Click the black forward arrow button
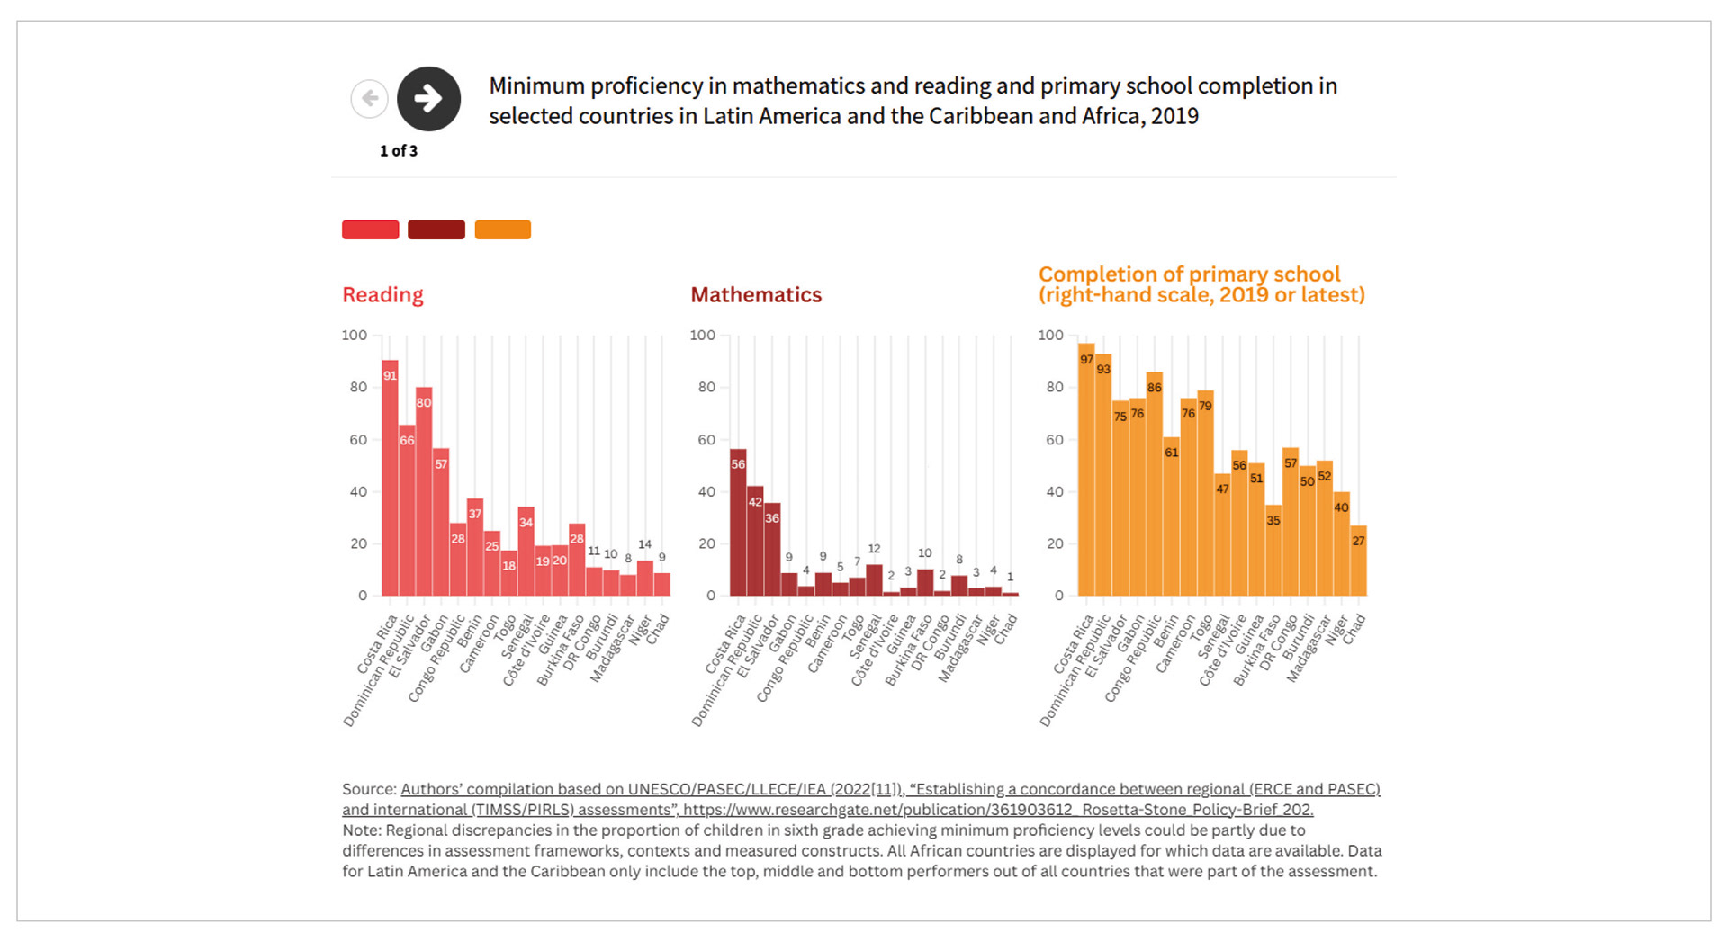[428, 98]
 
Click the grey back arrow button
[369, 98]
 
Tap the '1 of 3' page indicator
[398, 151]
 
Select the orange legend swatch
[502, 229]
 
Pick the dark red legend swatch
[436, 229]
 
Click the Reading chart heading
[382, 295]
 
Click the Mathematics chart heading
[755, 295]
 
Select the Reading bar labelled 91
[390, 477]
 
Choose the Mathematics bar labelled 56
[738, 522]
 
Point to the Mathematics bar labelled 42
[755, 541]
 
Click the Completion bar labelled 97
[1086, 469]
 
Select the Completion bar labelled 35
[1273, 550]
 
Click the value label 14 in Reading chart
[644, 544]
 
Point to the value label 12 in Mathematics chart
[874, 549]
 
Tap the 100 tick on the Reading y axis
[355, 336]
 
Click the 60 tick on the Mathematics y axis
[706, 440]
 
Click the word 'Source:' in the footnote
[369, 789]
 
